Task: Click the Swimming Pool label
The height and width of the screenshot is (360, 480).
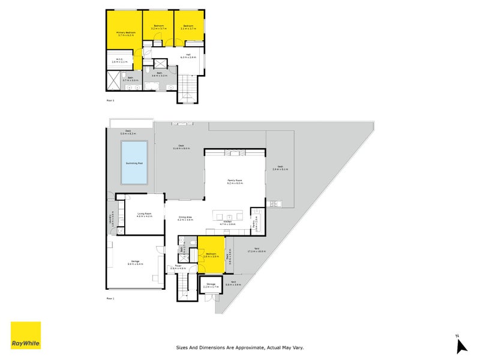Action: (135, 163)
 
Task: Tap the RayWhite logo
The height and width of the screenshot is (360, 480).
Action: (26, 335)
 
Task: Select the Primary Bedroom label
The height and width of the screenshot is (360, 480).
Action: (126, 34)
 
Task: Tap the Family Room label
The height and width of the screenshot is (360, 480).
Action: (234, 181)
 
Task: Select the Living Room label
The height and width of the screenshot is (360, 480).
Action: (144, 214)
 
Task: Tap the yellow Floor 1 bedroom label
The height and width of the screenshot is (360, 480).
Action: (211, 255)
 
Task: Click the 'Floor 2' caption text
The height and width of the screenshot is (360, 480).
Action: (110, 100)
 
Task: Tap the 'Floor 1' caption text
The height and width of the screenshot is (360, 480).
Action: (110, 298)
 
